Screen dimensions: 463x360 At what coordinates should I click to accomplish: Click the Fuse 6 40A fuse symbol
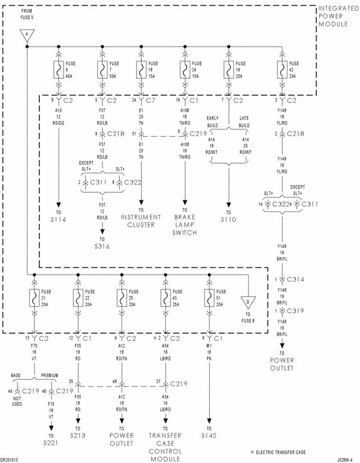(57, 70)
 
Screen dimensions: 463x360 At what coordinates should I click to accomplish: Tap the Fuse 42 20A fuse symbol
(281, 70)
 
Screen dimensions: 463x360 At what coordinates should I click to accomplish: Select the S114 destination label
(57, 219)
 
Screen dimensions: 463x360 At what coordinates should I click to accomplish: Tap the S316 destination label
(102, 246)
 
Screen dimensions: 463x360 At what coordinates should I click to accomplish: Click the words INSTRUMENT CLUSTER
(141, 221)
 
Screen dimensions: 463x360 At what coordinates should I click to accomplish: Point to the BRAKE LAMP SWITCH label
(184, 224)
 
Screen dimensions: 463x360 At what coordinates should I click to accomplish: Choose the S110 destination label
(228, 219)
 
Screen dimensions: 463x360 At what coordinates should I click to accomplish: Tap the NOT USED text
(17, 400)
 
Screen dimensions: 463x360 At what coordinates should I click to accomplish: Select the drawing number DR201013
(10, 458)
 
